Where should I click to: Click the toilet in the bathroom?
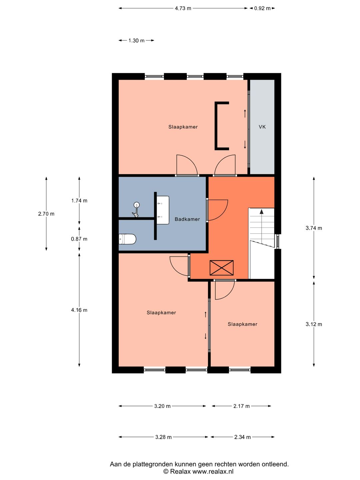pyautogui.click(x=127, y=239)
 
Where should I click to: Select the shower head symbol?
pyautogui.click(x=136, y=209)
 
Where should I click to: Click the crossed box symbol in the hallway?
pyautogui.click(x=221, y=268)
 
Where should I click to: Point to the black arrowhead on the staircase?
pyautogui.click(x=261, y=211)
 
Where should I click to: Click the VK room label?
pyautogui.click(x=262, y=127)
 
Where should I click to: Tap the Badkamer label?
pyautogui.click(x=187, y=219)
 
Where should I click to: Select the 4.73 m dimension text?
pyautogui.click(x=183, y=8)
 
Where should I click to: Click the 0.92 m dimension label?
pyautogui.click(x=262, y=8)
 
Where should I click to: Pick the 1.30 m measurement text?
pyautogui.click(x=136, y=40)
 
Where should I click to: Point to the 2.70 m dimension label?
pyautogui.click(x=46, y=214)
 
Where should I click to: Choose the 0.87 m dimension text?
pyautogui.click(x=79, y=239)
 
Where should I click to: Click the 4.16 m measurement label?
pyautogui.click(x=79, y=310)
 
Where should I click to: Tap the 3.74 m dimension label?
pyautogui.click(x=314, y=228)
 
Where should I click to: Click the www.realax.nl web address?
pyautogui.click(x=213, y=472)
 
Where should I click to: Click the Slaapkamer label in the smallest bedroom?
pyautogui.click(x=242, y=324)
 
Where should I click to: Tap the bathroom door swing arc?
pyautogui.click(x=224, y=213)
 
